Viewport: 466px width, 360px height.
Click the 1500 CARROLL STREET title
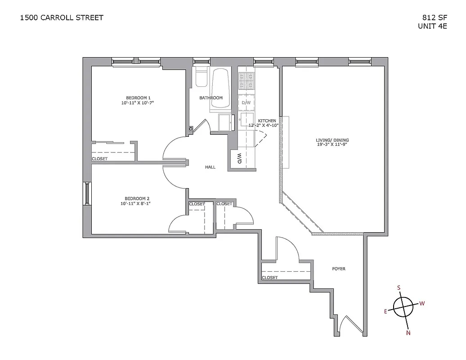click(x=62, y=18)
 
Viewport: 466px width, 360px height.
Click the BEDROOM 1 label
click(x=138, y=98)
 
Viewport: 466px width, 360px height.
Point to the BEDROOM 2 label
click(x=137, y=198)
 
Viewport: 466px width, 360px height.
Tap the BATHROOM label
click(x=211, y=98)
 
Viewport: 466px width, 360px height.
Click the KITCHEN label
click(x=267, y=121)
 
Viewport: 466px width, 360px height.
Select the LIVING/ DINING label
click(x=332, y=140)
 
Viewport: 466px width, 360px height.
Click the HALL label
click(x=210, y=167)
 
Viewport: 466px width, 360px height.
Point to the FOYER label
click(x=339, y=269)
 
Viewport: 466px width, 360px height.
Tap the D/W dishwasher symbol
click(x=246, y=103)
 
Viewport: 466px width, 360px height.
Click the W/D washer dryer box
click(x=239, y=158)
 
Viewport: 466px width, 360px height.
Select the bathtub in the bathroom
click(x=221, y=88)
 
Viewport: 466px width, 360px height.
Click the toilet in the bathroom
click(x=201, y=77)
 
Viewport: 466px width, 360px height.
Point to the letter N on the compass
click(x=408, y=333)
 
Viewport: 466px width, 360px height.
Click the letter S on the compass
click(x=399, y=287)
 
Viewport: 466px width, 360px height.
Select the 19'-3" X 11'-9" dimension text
click(x=332, y=145)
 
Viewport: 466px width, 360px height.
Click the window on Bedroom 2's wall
click(x=87, y=193)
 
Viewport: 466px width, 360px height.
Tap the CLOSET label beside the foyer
click(x=269, y=278)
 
